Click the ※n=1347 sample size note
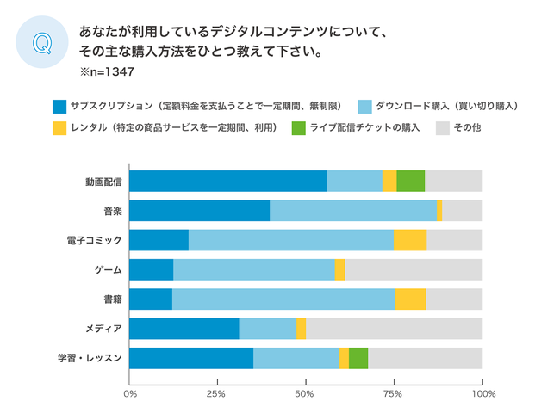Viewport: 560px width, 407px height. click(108, 72)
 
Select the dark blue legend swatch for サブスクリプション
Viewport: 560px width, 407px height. click(59, 107)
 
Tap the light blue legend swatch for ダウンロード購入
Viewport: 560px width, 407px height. click(364, 107)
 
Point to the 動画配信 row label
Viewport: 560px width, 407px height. click(103, 182)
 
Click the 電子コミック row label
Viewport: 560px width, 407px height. click(96, 240)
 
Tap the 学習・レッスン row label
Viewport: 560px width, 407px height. click(93, 358)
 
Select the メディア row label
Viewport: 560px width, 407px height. click(103, 329)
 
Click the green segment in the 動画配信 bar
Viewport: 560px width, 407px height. click(410, 181)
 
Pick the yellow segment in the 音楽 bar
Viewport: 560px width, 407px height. click(439, 211)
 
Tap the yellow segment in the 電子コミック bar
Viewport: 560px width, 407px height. click(410, 240)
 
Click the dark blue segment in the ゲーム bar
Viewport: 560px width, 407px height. click(151, 269)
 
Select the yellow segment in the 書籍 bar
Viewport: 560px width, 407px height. click(410, 299)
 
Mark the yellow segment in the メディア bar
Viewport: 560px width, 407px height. click(301, 329)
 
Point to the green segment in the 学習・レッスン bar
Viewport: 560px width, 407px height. click(358, 358)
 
